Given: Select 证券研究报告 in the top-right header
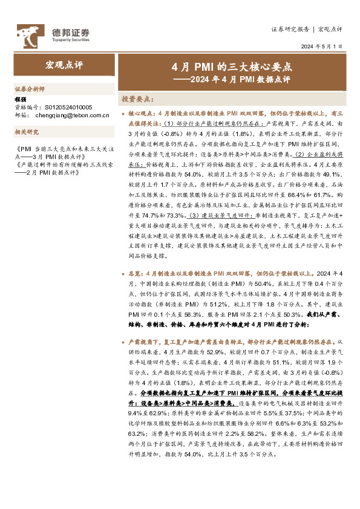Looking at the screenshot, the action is [290, 28].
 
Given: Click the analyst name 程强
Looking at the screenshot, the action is [20, 99].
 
